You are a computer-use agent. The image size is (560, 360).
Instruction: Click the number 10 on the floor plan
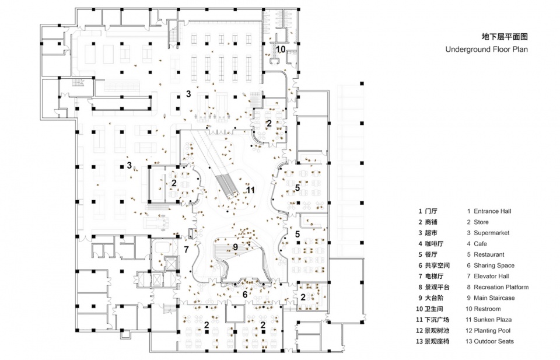(281, 50)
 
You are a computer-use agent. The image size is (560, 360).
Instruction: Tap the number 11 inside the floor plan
(250, 190)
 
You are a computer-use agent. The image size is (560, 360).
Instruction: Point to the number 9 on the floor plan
(235, 247)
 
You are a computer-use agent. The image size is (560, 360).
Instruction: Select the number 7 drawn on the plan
(186, 249)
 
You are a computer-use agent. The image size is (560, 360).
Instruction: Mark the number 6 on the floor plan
(245, 295)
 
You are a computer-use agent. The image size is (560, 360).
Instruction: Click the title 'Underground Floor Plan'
(486, 50)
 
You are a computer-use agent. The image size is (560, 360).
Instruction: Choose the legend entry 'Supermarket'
(491, 233)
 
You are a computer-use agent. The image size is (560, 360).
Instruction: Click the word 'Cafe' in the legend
(480, 244)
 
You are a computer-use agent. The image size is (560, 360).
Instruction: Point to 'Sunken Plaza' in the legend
(491, 320)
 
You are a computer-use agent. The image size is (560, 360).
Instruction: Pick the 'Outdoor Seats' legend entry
(494, 341)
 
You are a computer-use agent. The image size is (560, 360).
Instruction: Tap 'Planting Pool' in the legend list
(494, 330)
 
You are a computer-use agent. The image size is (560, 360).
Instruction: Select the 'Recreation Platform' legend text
(501, 287)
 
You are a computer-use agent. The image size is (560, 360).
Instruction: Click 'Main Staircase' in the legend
(495, 298)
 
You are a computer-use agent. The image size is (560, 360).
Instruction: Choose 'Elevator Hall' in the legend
(491, 276)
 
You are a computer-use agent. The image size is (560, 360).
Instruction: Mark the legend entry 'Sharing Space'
(493, 265)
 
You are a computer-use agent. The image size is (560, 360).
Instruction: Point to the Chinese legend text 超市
(432, 233)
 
